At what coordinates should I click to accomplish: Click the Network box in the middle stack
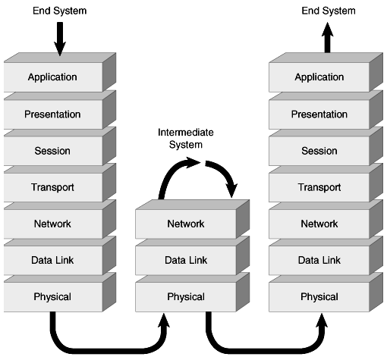(184, 224)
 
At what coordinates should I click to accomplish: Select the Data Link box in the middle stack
(184, 261)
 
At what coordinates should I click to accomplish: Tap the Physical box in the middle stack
(184, 296)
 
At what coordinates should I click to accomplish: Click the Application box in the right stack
(318, 77)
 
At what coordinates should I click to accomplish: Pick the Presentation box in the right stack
(318, 114)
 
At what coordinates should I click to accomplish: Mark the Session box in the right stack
(318, 151)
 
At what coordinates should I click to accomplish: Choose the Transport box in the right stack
(318, 187)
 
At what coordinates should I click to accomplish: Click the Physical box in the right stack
(318, 296)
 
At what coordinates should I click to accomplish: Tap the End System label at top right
(327, 10)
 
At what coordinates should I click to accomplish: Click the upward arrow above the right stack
(328, 40)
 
